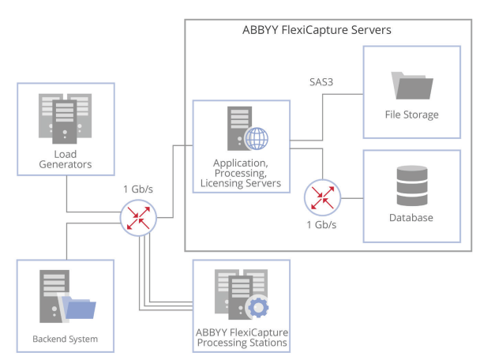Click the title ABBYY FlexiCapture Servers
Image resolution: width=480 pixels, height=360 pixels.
coord(317,30)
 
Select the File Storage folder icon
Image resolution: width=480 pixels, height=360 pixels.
coord(411,86)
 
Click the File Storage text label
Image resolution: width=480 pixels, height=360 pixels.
coord(411,115)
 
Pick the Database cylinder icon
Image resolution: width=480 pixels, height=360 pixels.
coord(411,186)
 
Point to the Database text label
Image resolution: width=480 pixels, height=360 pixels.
coord(411,216)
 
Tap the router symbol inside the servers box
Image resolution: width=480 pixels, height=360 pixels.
coord(321,196)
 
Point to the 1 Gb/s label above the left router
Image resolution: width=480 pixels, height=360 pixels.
coord(139,189)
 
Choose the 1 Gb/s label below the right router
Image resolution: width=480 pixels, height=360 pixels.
coord(321,225)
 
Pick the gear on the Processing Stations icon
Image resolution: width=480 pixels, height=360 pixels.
coord(257,309)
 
